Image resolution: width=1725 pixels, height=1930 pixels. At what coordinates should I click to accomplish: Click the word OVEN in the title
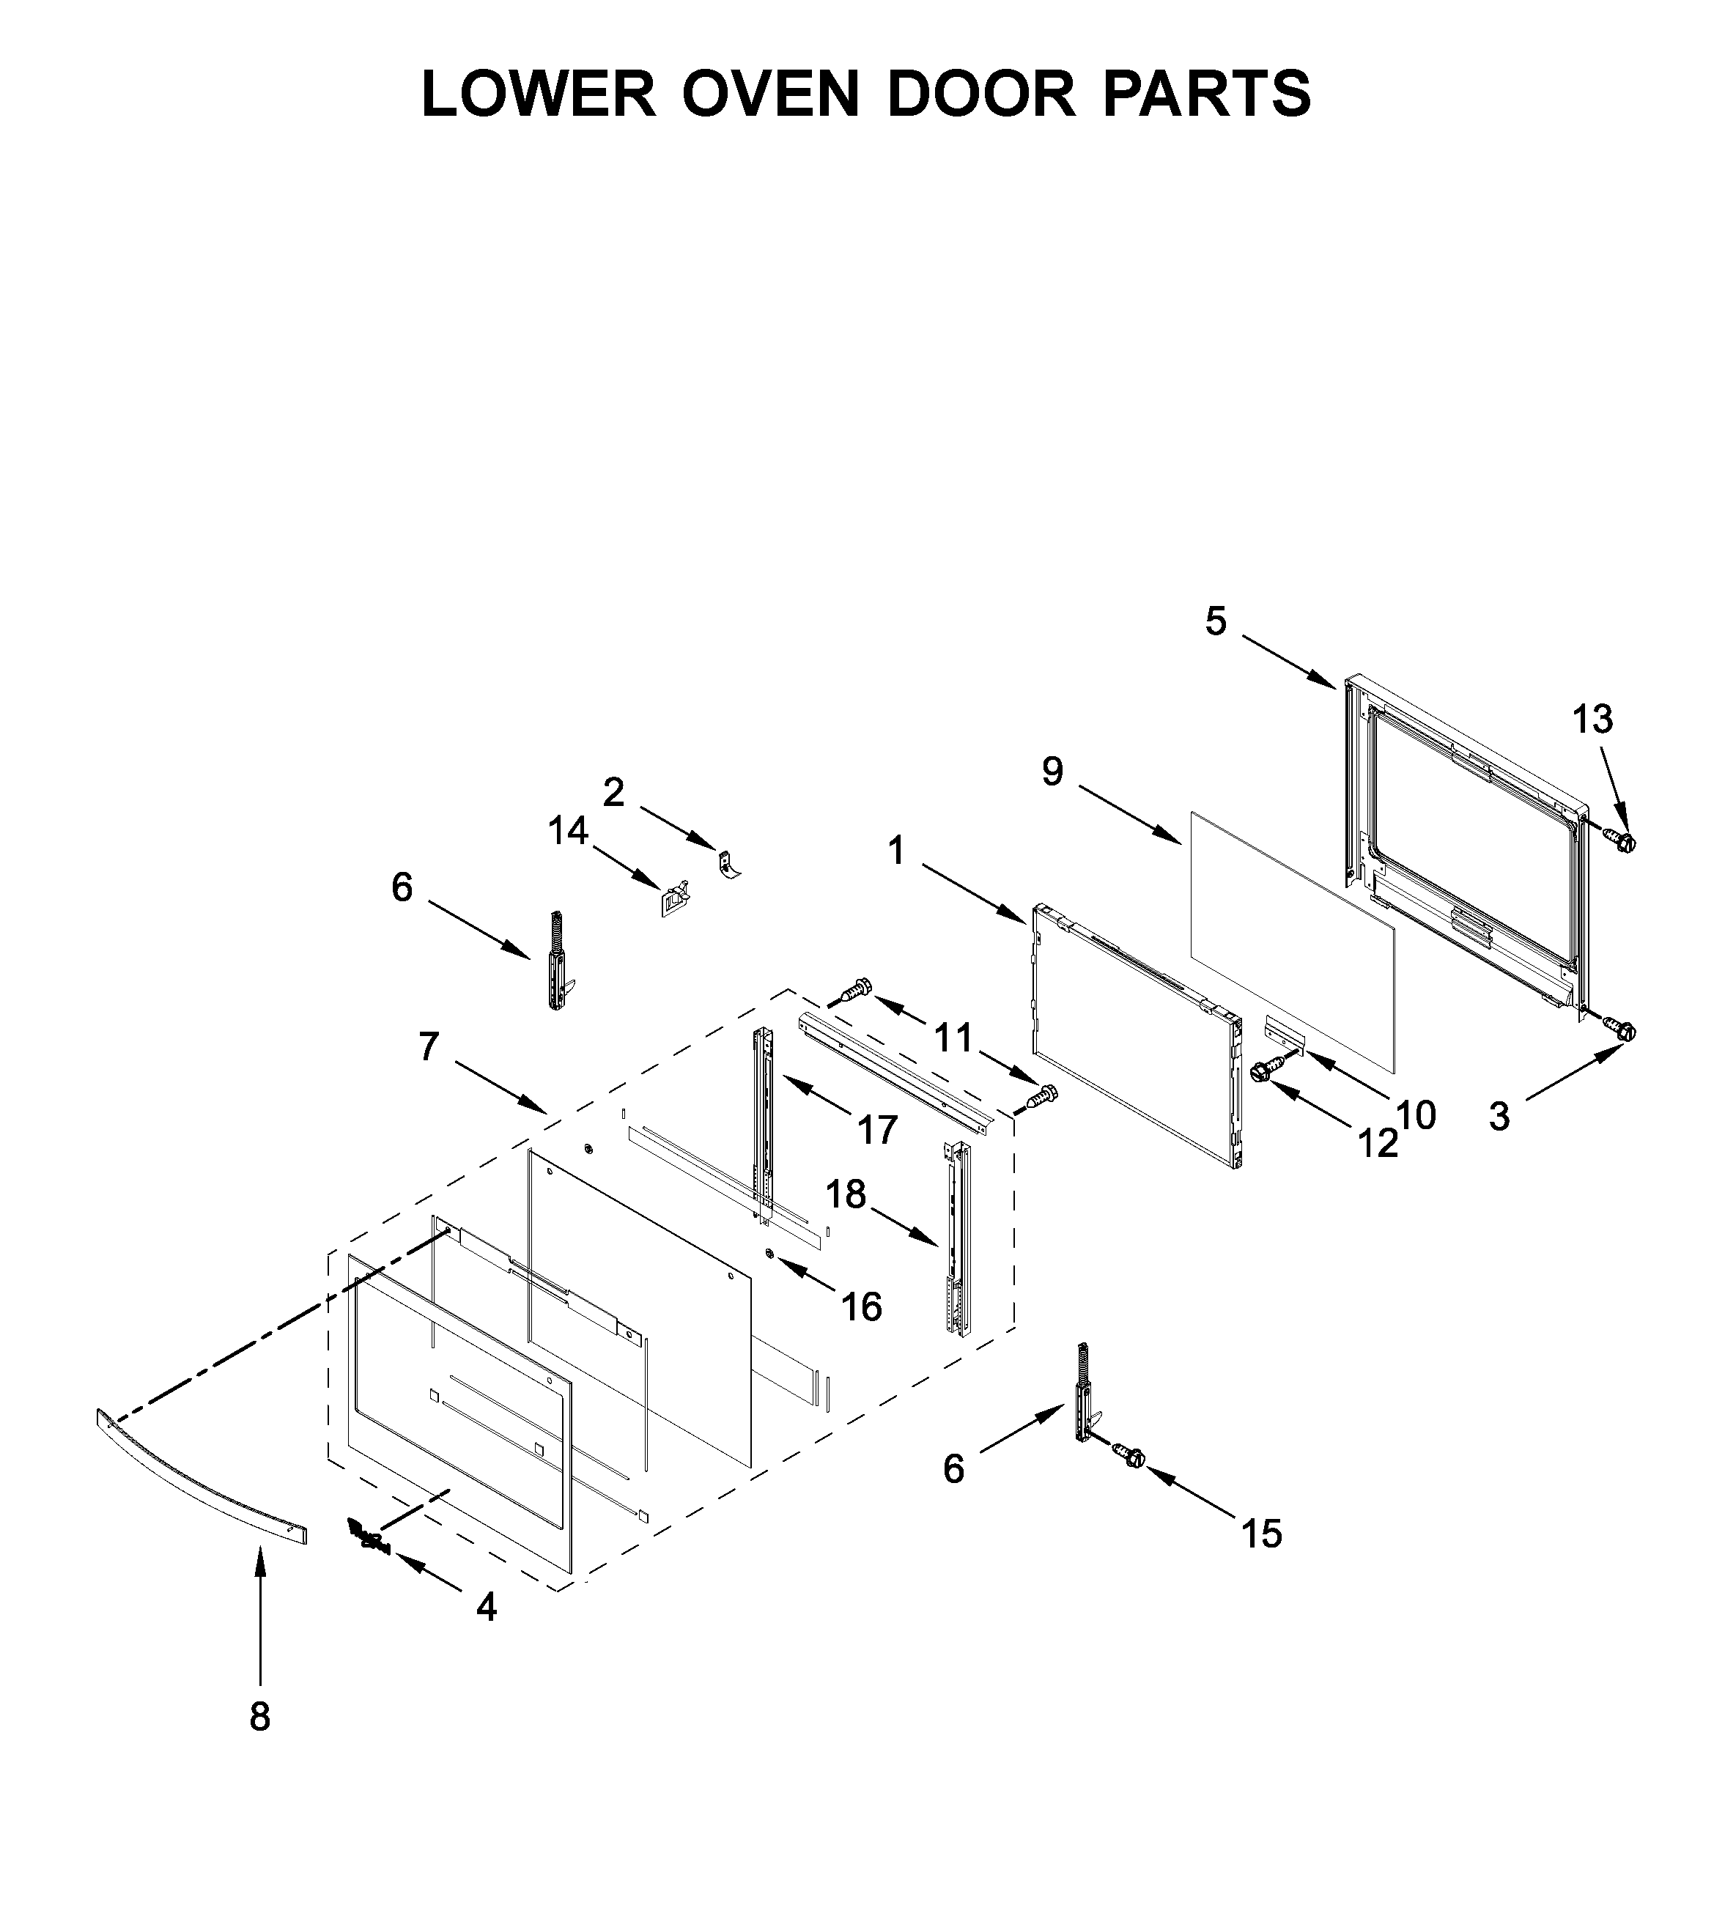tap(769, 94)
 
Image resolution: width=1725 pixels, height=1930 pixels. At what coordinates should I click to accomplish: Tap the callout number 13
tap(1592, 720)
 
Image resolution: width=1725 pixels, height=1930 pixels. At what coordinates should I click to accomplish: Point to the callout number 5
tap(1216, 621)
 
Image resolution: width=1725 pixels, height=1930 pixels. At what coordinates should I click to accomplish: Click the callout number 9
tap(1053, 772)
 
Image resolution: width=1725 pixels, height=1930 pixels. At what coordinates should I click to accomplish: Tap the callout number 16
tap(862, 1306)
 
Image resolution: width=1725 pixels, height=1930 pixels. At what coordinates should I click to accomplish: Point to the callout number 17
tap(878, 1129)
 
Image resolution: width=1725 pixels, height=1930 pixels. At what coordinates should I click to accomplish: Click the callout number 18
tap(846, 1195)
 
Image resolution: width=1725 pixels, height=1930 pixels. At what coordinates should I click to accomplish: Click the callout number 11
tap(953, 1038)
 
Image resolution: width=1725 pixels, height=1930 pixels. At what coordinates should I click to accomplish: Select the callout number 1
tap(895, 851)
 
